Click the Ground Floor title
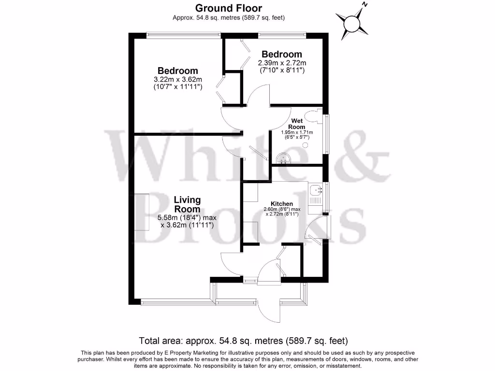click(229, 8)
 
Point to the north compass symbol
click(352, 23)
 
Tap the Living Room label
click(187, 204)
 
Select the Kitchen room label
click(282, 204)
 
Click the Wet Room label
click(297, 124)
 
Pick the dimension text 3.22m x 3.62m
click(177, 80)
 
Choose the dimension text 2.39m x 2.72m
click(282, 63)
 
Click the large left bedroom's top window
click(184, 35)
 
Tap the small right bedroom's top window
click(282, 35)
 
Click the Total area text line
click(243, 340)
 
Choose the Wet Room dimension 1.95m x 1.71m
click(297, 132)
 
